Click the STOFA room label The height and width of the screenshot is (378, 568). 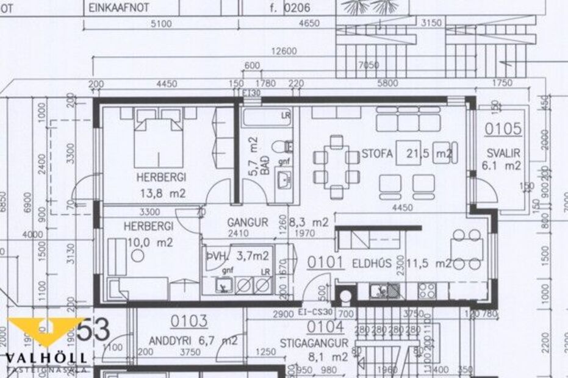click(x=376, y=153)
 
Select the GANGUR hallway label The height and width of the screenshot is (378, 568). click(x=247, y=223)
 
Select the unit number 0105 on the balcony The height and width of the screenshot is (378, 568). click(x=503, y=129)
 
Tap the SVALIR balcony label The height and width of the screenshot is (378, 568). click(x=501, y=153)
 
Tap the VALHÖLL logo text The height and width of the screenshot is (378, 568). click(x=46, y=358)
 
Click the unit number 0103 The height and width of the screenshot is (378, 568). click(x=189, y=321)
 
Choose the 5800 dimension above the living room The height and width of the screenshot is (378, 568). click(x=387, y=84)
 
